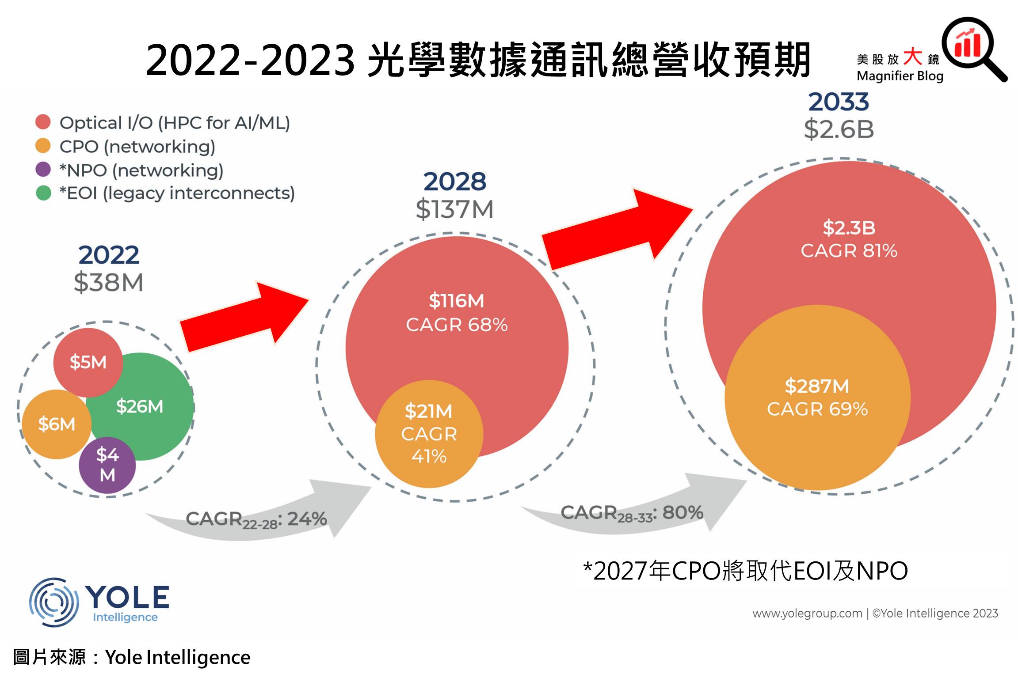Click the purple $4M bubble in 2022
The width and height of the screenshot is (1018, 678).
pyautogui.click(x=107, y=465)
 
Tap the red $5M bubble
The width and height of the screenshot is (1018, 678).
pyautogui.click(x=88, y=362)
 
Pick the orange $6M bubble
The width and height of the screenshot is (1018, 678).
pyautogui.click(x=56, y=424)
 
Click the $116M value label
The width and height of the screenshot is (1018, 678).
pyautogui.click(x=456, y=301)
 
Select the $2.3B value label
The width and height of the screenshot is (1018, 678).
pyautogui.click(x=849, y=228)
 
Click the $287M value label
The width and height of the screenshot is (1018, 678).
pyautogui.click(x=817, y=386)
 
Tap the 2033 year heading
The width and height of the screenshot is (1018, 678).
pyautogui.click(x=839, y=102)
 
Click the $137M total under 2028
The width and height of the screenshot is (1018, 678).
pyautogui.click(x=454, y=209)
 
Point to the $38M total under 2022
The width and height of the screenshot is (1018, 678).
pyautogui.click(x=108, y=283)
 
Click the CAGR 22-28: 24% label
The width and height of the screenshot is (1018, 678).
pyautogui.click(x=256, y=519)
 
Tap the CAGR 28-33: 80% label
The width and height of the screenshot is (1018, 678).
pyautogui.click(x=632, y=514)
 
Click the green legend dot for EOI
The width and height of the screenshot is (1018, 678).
pyautogui.click(x=43, y=193)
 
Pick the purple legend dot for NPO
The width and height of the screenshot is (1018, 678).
pyautogui.click(x=43, y=170)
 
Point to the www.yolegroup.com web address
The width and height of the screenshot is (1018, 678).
pyautogui.click(x=807, y=614)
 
